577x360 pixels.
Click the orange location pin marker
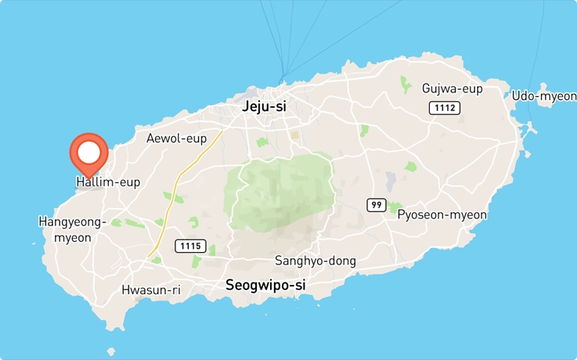click(x=89, y=154)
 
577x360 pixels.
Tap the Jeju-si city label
click(x=265, y=106)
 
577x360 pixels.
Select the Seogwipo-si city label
click(x=265, y=286)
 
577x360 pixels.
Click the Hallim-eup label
click(x=108, y=182)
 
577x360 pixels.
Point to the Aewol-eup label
click(x=176, y=139)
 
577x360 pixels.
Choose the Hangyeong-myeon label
click(x=72, y=229)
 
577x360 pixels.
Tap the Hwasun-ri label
click(x=150, y=290)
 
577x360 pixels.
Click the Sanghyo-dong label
click(x=316, y=261)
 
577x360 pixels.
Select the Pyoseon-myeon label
click(x=442, y=214)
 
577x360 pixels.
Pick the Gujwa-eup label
click(x=452, y=88)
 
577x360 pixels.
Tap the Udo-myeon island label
click(x=543, y=95)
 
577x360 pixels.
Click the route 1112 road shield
click(x=444, y=108)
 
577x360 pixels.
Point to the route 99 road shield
click(x=377, y=205)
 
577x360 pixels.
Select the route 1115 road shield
click(x=190, y=246)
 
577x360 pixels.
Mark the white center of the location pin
click(x=89, y=151)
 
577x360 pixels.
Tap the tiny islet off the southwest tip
click(x=111, y=352)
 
